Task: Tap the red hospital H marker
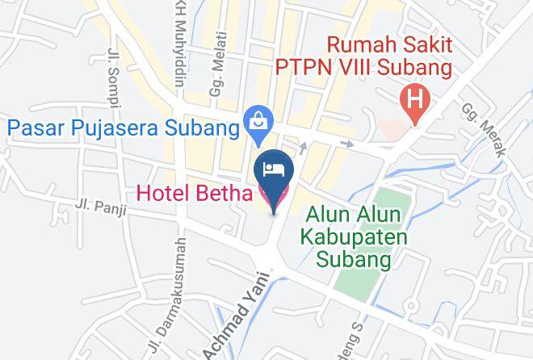416,103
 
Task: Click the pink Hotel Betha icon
266,193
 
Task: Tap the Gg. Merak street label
484,130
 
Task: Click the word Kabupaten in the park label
355,238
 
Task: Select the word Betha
225,193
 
